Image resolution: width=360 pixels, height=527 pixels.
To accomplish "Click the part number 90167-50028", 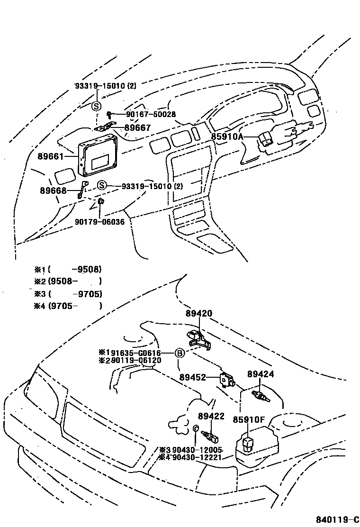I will [x=151, y=114].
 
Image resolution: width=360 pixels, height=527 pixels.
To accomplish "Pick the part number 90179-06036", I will [x=99, y=221].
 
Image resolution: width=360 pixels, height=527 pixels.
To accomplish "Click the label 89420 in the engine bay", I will [x=199, y=313].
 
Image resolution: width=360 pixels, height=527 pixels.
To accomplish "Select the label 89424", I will [x=260, y=374].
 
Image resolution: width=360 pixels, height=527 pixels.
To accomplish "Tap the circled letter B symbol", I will [x=180, y=353].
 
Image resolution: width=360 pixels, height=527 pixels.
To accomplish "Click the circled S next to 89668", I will [x=102, y=185].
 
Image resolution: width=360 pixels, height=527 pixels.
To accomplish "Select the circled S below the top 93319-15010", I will [x=95, y=106].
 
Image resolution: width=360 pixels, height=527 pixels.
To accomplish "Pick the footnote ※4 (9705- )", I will [x=68, y=306].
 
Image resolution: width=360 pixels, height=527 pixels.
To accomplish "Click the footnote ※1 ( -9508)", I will [x=68, y=269].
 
